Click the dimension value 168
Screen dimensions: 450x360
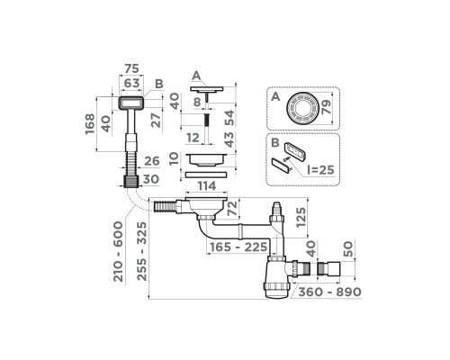pyautogui.click(x=90, y=124)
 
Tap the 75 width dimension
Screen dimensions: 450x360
pyautogui.click(x=131, y=68)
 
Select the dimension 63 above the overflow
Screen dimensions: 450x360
pyautogui.click(x=131, y=83)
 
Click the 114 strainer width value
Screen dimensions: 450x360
pyautogui.click(x=207, y=185)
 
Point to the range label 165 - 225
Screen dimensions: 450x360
pyautogui.click(x=238, y=247)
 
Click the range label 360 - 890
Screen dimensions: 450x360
pyautogui.click(x=330, y=292)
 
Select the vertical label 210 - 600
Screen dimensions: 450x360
pyautogui.click(x=118, y=251)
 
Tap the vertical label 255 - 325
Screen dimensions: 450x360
pyautogui.click(x=142, y=251)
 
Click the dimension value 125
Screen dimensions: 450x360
pyautogui.click(x=301, y=217)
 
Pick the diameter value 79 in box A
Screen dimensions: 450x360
pyautogui.click(x=326, y=107)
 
